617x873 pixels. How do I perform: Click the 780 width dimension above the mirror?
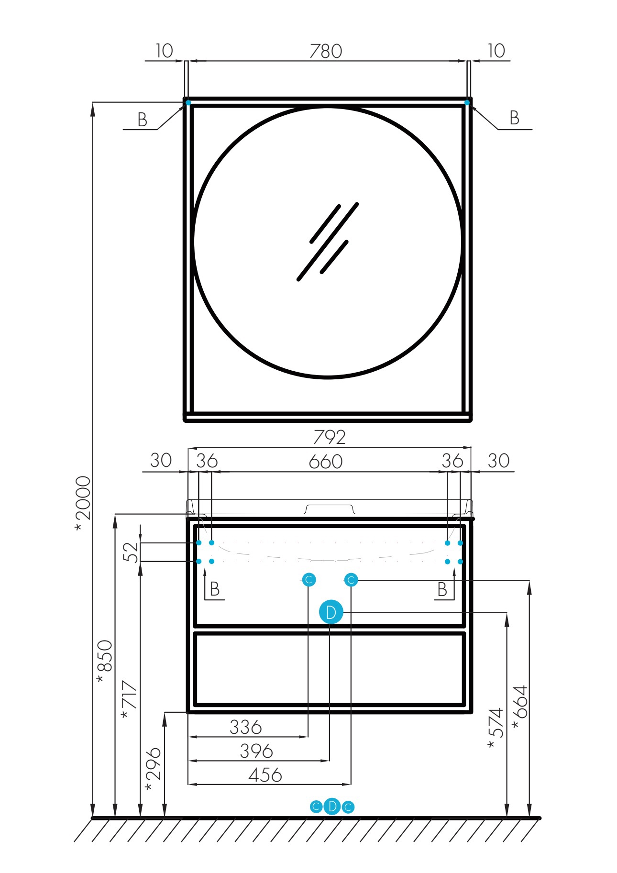(326, 51)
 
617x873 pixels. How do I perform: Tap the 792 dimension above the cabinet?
(330, 437)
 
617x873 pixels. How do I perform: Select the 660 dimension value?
(326, 462)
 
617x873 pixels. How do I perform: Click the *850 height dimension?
(104, 661)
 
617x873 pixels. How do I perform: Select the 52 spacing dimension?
(131, 553)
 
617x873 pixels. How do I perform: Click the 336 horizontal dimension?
(246, 727)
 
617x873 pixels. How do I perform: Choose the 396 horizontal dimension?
(256, 751)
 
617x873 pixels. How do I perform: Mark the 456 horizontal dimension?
(265, 775)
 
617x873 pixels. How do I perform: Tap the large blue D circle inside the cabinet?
(331, 612)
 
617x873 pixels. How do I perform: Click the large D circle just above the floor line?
(332, 807)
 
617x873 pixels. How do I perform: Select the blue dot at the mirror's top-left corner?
(188, 102)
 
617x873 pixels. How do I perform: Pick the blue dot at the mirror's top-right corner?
(467, 102)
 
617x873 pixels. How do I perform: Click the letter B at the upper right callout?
(514, 118)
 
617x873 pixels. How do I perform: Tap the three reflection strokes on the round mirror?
(328, 242)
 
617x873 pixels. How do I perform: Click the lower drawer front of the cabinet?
(329, 669)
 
